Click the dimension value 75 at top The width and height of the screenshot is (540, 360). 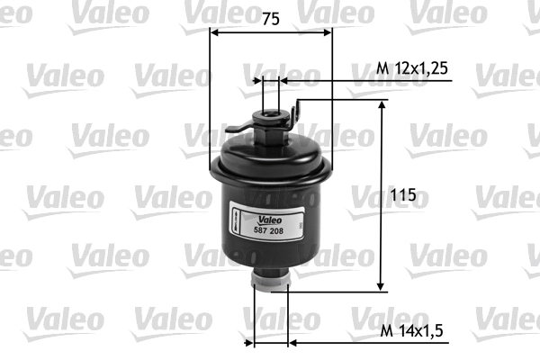(270, 17)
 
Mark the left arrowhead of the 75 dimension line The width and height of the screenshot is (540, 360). (214, 31)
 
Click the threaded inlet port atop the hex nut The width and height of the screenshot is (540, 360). (270, 112)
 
